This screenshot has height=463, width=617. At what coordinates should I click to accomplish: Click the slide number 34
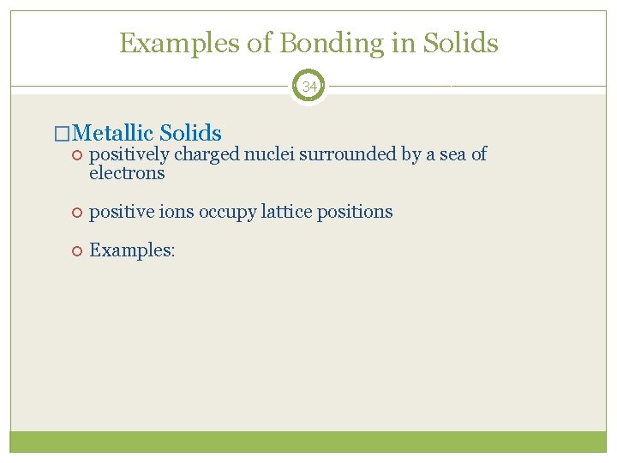(x=308, y=87)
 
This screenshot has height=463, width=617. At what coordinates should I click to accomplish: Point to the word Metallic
(x=113, y=133)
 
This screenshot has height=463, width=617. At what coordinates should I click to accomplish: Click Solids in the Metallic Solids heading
(x=190, y=133)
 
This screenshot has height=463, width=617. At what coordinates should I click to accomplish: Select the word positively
(x=129, y=154)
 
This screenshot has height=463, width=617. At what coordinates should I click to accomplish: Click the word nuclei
(x=269, y=154)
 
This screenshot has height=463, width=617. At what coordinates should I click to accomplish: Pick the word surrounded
(x=343, y=154)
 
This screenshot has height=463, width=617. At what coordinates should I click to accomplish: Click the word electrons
(x=127, y=173)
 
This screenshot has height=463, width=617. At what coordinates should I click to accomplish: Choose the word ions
(x=177, y=212)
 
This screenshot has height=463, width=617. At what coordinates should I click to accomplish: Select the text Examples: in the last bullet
(x=132, y=250)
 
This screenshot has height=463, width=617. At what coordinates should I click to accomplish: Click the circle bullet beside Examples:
(x=75, y=250)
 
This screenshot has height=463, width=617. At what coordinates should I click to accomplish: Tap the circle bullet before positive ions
(x=75, y=212)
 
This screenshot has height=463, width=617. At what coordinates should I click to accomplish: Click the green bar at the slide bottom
(x=308, y=442)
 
